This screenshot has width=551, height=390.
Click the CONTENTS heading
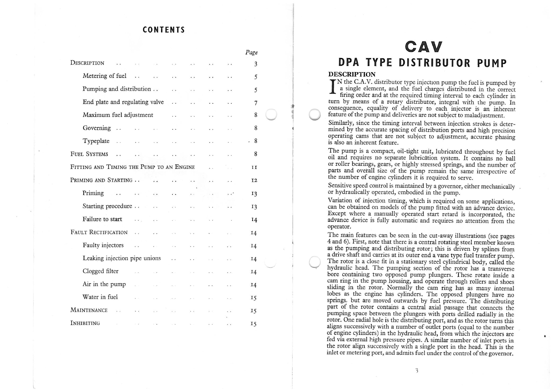164,30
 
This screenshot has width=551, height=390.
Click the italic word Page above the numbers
251,52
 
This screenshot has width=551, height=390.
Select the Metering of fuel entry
104,76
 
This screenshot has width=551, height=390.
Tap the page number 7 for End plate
256,103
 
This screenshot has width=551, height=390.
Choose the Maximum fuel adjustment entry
118,115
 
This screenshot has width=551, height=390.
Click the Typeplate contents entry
96,141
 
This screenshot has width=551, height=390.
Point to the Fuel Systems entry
89,154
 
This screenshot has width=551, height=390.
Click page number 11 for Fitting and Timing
254,167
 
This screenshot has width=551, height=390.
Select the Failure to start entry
102,219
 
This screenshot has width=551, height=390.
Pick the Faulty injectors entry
103,245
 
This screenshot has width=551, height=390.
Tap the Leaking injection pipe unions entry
122,258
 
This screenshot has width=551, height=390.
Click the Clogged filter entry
100,271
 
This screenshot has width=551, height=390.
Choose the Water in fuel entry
100,297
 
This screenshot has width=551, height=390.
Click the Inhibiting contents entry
85,323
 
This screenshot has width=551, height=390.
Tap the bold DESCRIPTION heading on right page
352,74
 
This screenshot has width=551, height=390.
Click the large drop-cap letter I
332,86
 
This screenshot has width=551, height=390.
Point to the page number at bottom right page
417,370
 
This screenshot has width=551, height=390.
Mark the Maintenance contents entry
89,310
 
